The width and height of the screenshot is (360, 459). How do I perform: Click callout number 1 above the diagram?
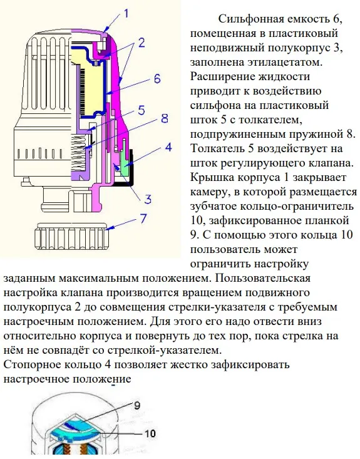126,14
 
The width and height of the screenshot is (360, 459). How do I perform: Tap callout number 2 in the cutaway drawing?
141,43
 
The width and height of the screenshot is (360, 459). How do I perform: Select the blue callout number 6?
157,79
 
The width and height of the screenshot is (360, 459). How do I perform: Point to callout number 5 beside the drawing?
141,111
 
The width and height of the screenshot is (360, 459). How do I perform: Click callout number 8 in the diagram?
165,118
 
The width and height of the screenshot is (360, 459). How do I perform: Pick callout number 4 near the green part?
168,147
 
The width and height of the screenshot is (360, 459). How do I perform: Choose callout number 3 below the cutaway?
148,199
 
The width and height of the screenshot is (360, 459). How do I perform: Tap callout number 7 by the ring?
143,219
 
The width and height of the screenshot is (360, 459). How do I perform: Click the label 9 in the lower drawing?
137,405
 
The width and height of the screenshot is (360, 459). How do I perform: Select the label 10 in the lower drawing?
150,433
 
